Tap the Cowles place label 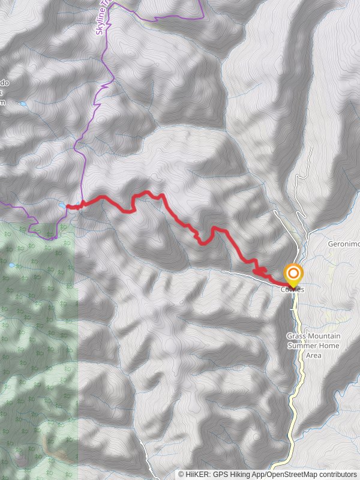click(x=292, y=290)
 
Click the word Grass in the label click(x=296, y=336)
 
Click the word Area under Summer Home click(x=313, y=355)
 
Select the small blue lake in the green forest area click(x=10, y=265)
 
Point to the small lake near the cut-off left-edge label click(x=23, y=104)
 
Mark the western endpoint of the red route click(x=67, y=207)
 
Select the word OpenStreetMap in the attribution click(x=289, y=474)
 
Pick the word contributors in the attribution click(x=337, y=474)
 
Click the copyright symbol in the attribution click(x=181, y=474)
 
